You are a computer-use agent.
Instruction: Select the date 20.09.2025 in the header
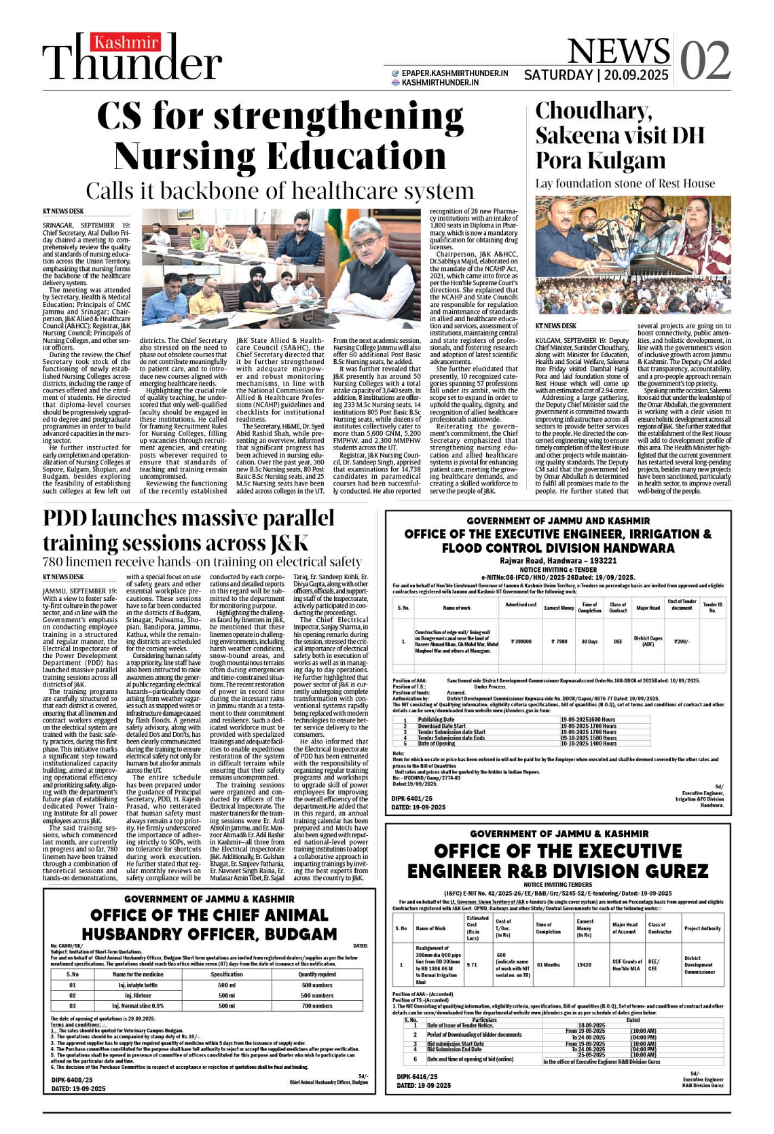(634, 75)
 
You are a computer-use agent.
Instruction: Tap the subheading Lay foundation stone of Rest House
(625, 183)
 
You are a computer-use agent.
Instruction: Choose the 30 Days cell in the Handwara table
(589, 641)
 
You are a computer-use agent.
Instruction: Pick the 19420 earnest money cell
(583, 964)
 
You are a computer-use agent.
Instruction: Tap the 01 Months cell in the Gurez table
(548, 964)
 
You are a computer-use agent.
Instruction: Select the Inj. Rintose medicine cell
(138, 995)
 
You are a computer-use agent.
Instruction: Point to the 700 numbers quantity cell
(317, 1006)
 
